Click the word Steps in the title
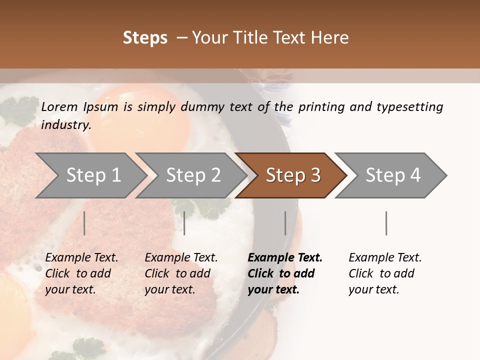pos(145,38)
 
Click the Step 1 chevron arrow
pos(93,175)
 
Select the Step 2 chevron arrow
pos(193,175)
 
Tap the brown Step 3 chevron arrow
pos(293,175)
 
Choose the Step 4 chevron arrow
pos(393,175)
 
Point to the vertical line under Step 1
pos(84,223)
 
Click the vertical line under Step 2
pos(184,223)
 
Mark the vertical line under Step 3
pos(285,223)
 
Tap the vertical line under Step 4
pos(386,223)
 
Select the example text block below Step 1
pos(82,273)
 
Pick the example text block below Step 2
pos(181,273)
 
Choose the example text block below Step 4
pos(385,273)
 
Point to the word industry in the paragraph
pos(65,124)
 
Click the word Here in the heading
pos(330,38)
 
